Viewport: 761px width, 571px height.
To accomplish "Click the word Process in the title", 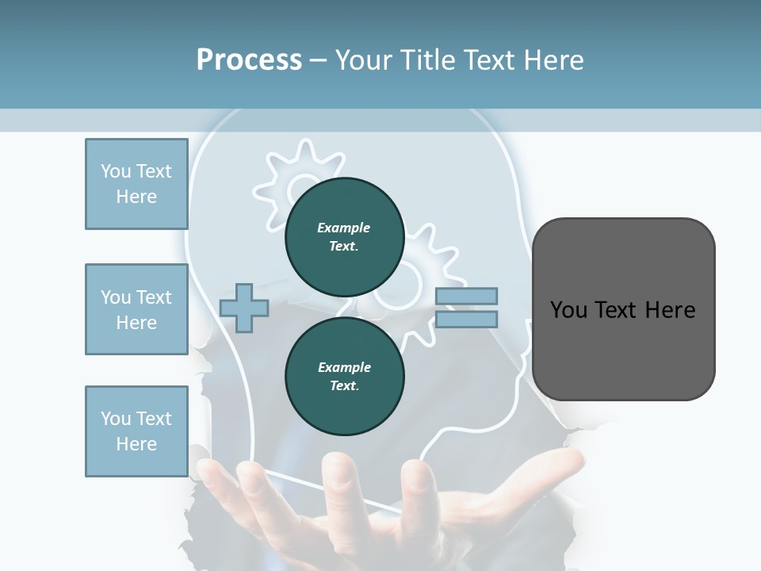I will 249,60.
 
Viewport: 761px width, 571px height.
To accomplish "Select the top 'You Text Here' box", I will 136,184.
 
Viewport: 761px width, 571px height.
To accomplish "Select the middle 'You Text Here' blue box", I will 136,309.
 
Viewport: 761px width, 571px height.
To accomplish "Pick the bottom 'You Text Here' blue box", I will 136,431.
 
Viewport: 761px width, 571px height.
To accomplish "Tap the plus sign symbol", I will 244,308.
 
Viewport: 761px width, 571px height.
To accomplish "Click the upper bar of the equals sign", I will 466,296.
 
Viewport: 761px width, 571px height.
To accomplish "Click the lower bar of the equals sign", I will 466,320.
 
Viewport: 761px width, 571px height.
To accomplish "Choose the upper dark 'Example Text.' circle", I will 344,236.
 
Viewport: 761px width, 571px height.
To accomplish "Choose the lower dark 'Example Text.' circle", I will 344,376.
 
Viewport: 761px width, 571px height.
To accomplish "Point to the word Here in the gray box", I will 670,309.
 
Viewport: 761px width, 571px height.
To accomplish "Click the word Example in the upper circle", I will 344,228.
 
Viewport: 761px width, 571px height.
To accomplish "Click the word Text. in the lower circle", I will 344,385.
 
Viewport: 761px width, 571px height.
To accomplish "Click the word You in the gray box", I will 568,309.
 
